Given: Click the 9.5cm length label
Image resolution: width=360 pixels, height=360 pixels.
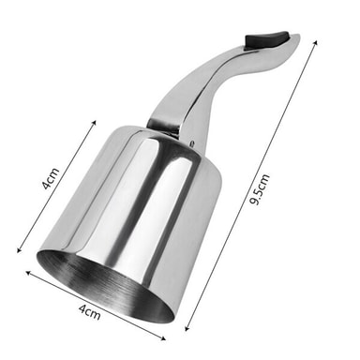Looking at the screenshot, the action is [260, 189].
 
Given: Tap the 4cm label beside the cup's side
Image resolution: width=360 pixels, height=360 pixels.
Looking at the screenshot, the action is [50, 178].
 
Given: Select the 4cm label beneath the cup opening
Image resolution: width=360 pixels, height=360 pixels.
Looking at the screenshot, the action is [90, 312].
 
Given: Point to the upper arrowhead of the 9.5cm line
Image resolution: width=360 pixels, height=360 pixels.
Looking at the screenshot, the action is [316, 42].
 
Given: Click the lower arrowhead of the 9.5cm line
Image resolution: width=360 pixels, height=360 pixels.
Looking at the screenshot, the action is [187, 328].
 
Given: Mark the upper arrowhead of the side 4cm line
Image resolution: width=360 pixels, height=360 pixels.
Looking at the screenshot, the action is [94, 122].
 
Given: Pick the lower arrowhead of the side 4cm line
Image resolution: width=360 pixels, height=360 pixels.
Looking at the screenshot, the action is [19, 249].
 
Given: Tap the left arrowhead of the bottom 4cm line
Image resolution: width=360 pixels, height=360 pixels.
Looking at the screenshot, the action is [28, 273].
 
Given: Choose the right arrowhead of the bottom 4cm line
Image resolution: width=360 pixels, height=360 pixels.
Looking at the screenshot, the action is [163, 337].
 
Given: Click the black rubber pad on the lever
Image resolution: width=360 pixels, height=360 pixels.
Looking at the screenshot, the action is [266, 39].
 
